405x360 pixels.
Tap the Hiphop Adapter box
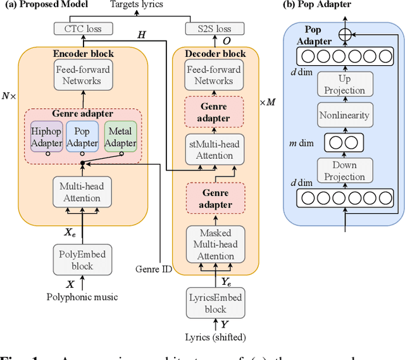47,137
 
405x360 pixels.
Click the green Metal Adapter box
120,137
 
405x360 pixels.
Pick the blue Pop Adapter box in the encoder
83,137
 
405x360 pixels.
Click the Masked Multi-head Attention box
216,244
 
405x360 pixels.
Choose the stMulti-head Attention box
215,150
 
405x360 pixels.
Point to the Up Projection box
345,84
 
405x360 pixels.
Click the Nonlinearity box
345,116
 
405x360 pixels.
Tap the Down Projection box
345,171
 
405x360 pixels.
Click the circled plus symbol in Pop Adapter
345,35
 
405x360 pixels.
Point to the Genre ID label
153,268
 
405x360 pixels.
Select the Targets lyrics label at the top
136,5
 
